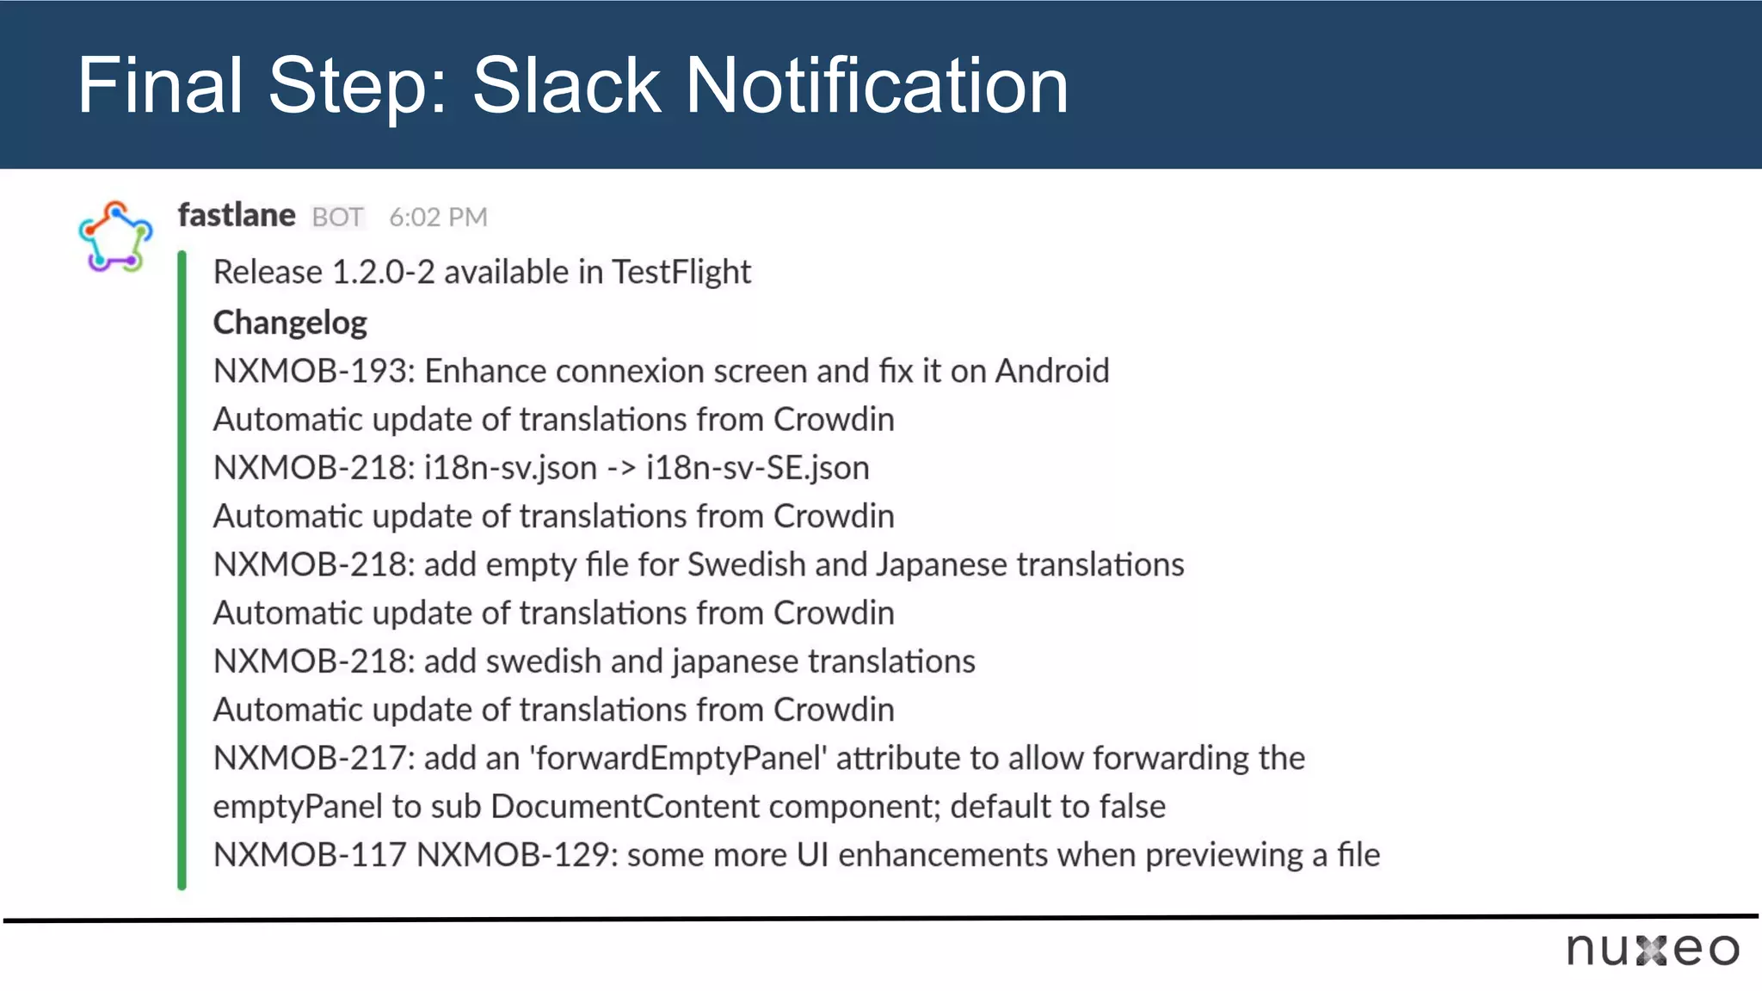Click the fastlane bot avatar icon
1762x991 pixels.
coord(115,237)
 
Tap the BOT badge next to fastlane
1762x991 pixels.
coord(337,217)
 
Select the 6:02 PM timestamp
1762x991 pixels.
coord(438,217)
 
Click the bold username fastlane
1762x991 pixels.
coord(237,215)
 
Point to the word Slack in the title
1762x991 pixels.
coord(566,85)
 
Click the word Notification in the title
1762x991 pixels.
coord(876,85)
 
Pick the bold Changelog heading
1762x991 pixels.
coord(290,323)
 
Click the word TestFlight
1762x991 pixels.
coord(681,272)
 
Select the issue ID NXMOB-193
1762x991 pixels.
coord(311,371)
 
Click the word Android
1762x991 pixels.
coord(1051,371)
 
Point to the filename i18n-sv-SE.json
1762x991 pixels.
coord(757,468)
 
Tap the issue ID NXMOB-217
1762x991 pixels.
coord(311,758)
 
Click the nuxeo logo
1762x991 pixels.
coord(1652,950)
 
